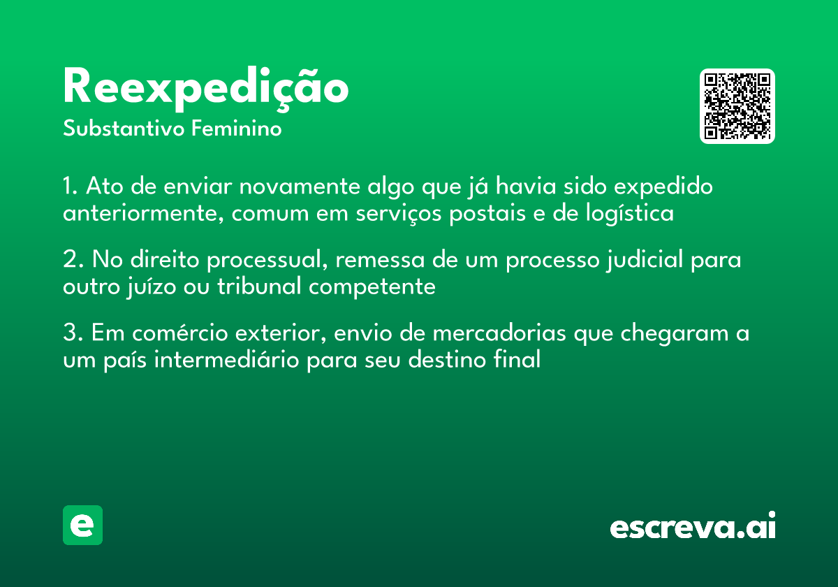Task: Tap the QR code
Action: [737, 106]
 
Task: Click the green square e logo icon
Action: [82, 525]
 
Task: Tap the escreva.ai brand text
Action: [693, 527]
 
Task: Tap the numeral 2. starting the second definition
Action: [73, 261]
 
